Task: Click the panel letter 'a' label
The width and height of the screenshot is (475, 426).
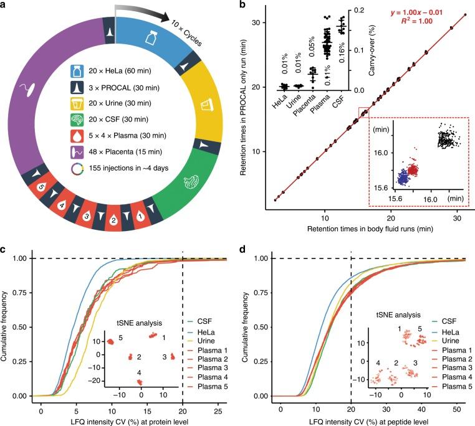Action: coord(4,6)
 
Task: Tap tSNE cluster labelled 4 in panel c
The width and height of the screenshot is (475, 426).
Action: coord(140,381)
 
